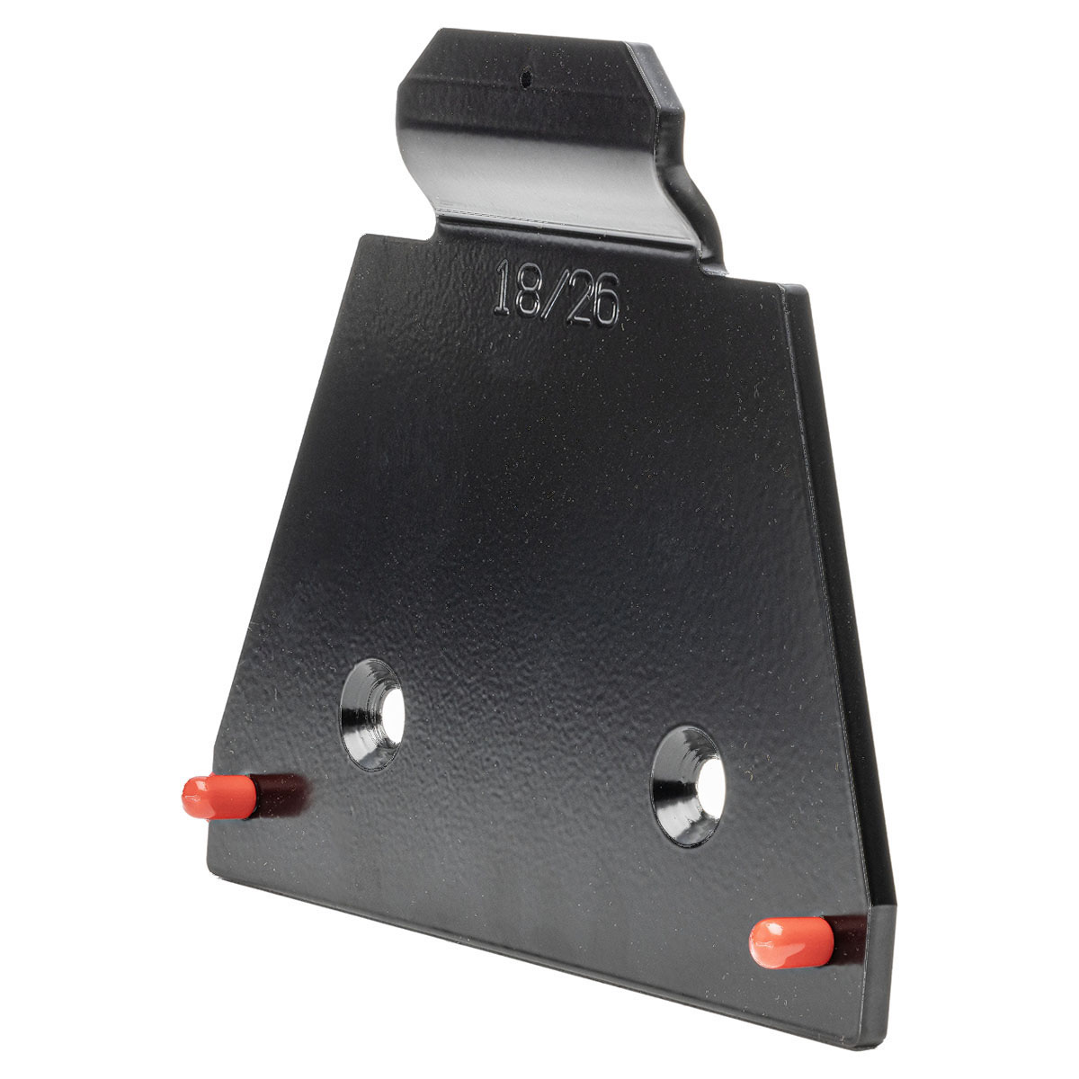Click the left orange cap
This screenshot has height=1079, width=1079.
[218, 797]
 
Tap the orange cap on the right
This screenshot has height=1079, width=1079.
[791, 943]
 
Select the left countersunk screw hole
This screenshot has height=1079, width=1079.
[372, 714]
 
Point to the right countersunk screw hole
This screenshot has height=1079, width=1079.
[688, 786]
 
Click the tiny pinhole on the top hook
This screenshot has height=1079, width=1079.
[525, 77]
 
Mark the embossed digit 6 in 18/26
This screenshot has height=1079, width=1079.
[608, 301]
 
